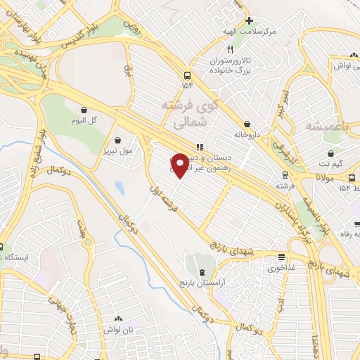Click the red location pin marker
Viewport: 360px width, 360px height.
pos(180,165)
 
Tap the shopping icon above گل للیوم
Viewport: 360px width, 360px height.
pos(84,110)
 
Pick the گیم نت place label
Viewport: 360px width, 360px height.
pos(330,163)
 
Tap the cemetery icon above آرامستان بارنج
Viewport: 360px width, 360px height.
pos(203,272)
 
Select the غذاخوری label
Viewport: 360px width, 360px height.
pos(282,267)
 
